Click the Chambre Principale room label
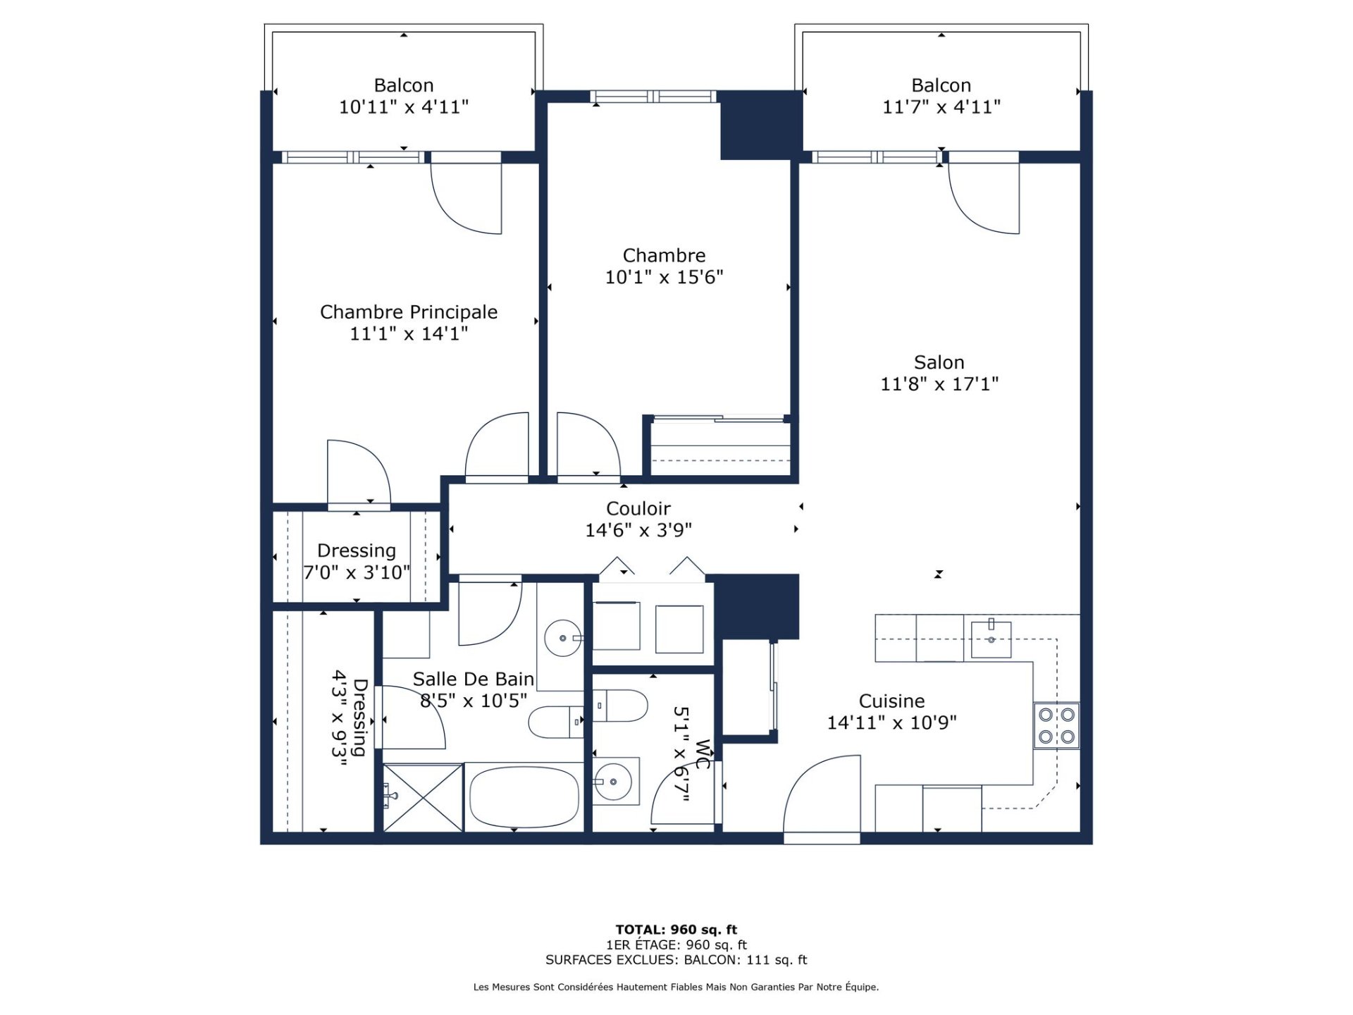[409, 312]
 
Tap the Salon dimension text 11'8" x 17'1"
[939, 384]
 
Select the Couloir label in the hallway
[638, 508]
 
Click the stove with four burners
[1056, 725]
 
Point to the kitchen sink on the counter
[991, 639]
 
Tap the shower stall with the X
[423, 797]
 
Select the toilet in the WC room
[619, 706]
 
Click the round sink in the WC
[615, 782]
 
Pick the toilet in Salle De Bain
[556, 722]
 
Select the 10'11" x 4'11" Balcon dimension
[404, 107]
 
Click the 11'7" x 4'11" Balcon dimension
[941, 107]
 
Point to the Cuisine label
[891, 701]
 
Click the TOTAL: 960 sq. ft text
[676, 930]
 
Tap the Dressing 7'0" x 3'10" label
[357, 561]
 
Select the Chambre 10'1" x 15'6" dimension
[665, 277]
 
